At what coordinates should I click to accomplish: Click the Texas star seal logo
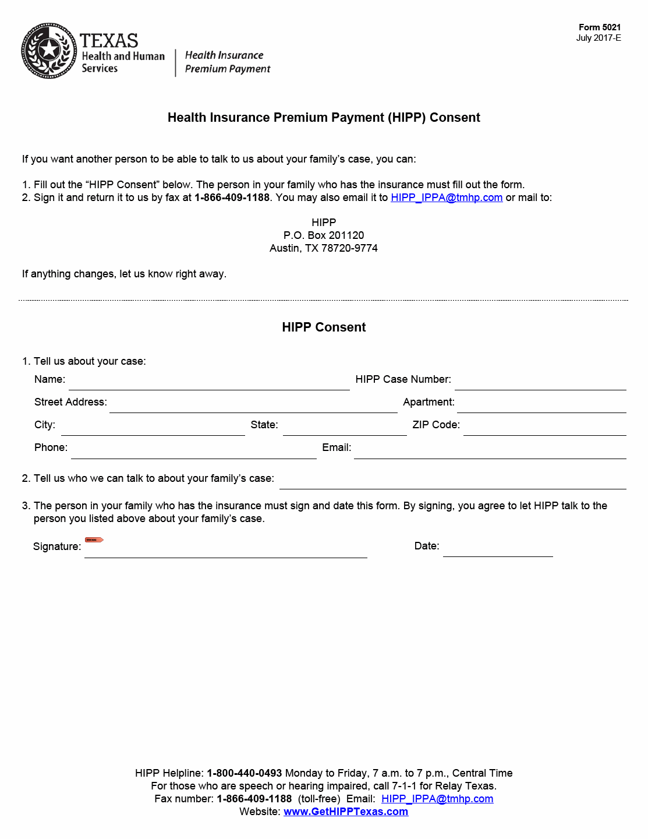(x=49, y=51)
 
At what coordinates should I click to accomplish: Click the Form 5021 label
(x=599, y=27)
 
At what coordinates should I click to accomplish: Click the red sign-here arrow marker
(x=94, y=540)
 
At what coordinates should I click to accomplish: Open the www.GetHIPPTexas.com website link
(x=346, y=812)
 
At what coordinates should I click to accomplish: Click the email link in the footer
(x=437, y=799)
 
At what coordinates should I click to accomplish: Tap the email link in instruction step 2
(x=447, y=198)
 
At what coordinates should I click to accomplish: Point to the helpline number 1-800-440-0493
(x=245, y=773)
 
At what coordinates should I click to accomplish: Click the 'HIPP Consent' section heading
(x=324, y=327)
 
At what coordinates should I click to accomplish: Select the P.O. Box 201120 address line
(x=324, y=235)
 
